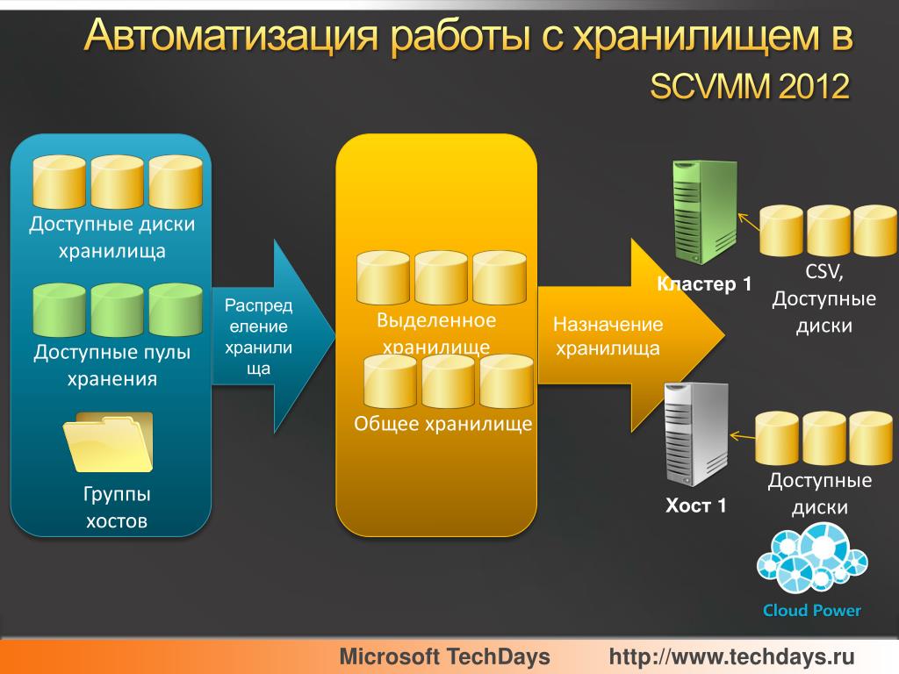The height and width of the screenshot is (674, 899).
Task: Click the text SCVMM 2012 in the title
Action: click(x=748, y=87)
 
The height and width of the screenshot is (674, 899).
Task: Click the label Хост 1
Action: click(x=695, y=505)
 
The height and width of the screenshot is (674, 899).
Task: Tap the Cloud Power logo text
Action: click(x=811, y=611)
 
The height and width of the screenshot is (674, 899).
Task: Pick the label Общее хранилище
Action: click(x=442, y=425)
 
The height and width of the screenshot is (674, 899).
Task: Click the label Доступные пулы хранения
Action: click(x=111, y=366)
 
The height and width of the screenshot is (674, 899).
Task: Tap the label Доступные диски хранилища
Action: click(x=111, y=238)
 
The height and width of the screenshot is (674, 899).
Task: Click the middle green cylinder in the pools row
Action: click(x=118, y=311)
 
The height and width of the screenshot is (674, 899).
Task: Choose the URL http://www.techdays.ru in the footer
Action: click(x=731, y=656)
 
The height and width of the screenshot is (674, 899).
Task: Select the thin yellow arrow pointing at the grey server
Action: click(x=743, y=436)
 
